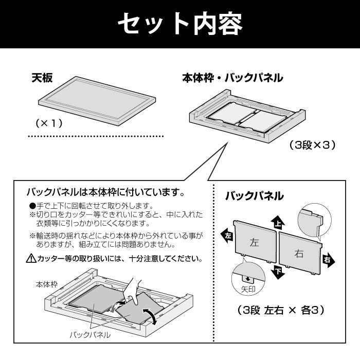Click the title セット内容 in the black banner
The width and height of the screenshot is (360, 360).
point(180,24)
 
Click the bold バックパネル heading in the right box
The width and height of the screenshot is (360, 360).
point(254,195)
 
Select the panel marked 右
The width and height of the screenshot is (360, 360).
point(299,252)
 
